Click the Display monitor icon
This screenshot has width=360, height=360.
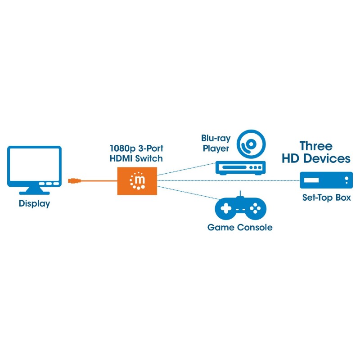click(34, 166)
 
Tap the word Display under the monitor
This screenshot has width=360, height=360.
click(34, 203)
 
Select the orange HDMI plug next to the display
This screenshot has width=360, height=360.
click(74, 181)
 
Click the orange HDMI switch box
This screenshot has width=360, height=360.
click(137, 181)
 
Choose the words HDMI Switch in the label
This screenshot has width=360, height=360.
click(136, 158)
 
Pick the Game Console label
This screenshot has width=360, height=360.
click(240, 227)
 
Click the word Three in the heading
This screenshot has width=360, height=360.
click(316, 146)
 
